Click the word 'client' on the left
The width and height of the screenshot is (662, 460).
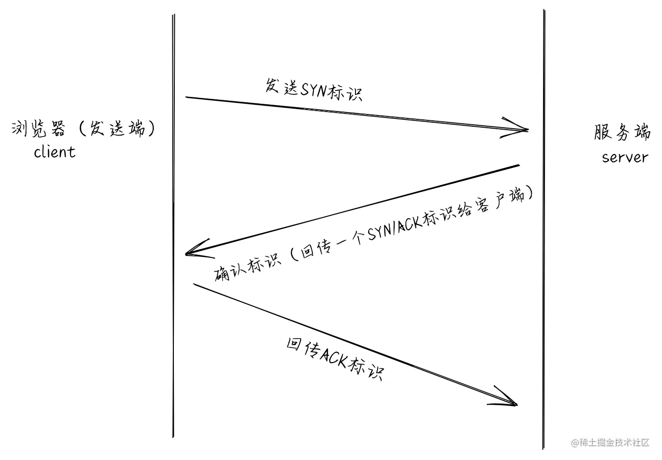(55, 152)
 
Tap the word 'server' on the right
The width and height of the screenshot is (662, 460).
(625, 157)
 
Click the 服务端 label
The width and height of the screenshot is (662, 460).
(622, 133)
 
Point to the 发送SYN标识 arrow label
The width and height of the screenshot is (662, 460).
(314, 89)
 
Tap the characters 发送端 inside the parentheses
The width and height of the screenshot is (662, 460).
(117, 129)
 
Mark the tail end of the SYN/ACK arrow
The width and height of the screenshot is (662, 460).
(518, 165)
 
